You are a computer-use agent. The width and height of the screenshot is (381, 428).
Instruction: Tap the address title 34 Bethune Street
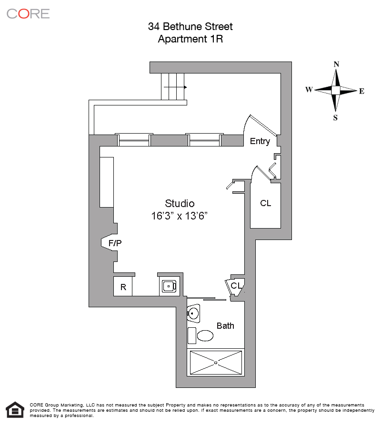[190, 27]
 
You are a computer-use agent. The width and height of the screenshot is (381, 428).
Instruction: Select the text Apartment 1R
[190, 39]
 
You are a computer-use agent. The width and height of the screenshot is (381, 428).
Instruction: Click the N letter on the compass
[336, 64]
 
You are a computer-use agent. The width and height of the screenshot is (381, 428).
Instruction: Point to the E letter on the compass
[361, 91]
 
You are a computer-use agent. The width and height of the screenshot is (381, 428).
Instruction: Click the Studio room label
[180, 203]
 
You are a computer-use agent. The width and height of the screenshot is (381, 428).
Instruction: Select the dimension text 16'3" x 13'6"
[180, 216]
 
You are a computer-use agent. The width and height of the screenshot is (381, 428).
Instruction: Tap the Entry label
[260, 141]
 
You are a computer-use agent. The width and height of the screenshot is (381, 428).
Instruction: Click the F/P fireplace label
[115, 243]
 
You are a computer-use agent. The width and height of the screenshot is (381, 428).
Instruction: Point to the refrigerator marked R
[123, 287]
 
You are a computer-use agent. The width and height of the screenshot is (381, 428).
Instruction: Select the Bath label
[225, 326]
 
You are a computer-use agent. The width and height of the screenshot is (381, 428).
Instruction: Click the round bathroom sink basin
[193, 313]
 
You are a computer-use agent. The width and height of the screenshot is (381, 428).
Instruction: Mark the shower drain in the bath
[216, 363]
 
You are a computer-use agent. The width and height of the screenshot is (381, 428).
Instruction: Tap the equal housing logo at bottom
[15, 410]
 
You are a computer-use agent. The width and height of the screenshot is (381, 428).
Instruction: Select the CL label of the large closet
[266, 203]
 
